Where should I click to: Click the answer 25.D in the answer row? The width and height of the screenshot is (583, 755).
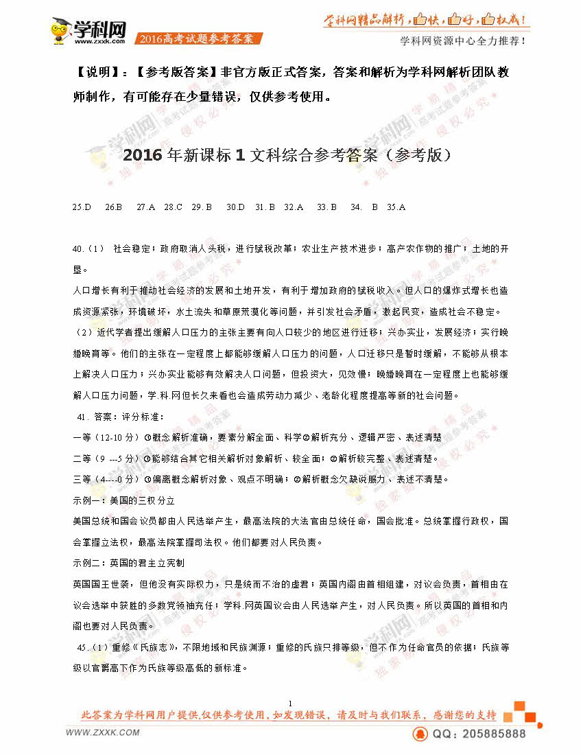point(82,206)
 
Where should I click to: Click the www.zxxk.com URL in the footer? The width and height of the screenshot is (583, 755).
point(103,733)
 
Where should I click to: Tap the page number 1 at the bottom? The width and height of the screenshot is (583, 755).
point(291,704)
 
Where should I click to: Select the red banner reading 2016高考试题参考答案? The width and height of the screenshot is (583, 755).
point(196,39)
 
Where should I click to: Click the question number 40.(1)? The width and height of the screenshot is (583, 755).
point(88,248)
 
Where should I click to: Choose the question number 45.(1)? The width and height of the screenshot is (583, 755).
point(93,647)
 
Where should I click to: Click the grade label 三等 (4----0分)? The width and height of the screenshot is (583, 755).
point(106,479)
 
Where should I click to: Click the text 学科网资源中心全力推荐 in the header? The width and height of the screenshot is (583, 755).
point(463,40)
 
